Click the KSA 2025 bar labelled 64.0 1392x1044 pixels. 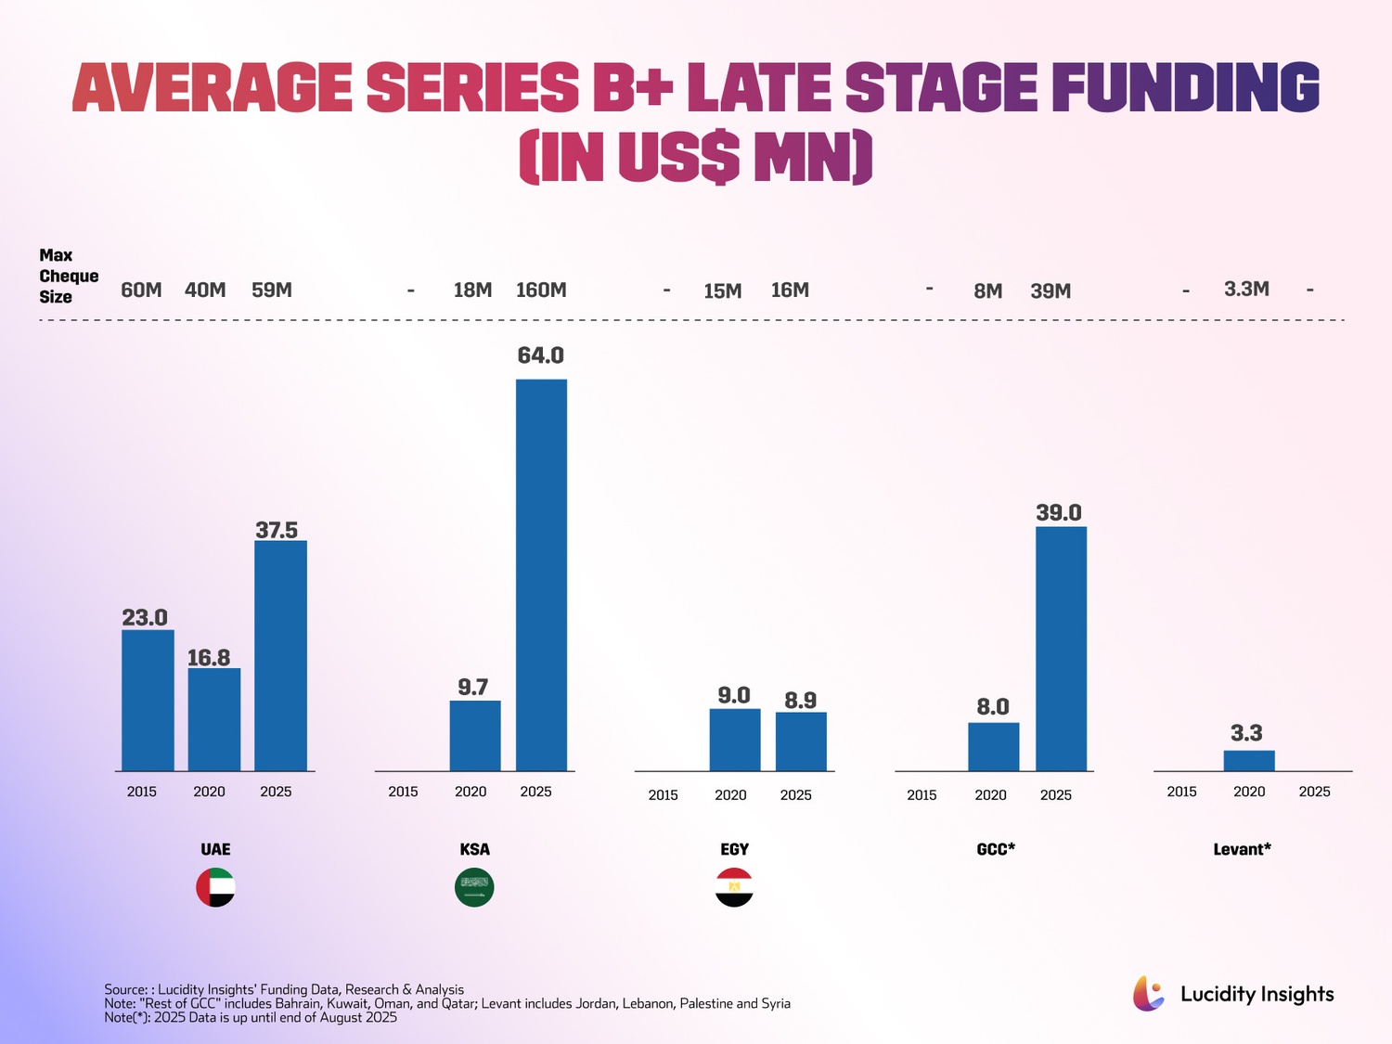541,574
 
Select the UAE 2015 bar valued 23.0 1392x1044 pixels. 148,701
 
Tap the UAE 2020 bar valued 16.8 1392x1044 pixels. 214,719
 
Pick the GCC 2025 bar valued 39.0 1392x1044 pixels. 1061,649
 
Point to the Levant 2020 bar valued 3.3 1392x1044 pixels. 1249,761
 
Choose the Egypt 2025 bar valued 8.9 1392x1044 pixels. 801,741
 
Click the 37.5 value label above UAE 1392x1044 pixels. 277,530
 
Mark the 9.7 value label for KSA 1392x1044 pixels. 472,687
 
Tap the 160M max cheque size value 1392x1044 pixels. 541,290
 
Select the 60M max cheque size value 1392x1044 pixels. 141,290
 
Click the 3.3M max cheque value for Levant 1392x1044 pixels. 1246,289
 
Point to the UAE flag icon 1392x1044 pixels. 215,887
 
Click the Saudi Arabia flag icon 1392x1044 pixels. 474,887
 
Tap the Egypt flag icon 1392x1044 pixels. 734,887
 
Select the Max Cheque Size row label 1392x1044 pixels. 68,276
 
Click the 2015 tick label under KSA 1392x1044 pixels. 403,792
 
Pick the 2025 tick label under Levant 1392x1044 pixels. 1314,792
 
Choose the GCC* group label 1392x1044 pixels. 996,849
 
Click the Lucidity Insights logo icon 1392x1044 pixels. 1149,994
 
